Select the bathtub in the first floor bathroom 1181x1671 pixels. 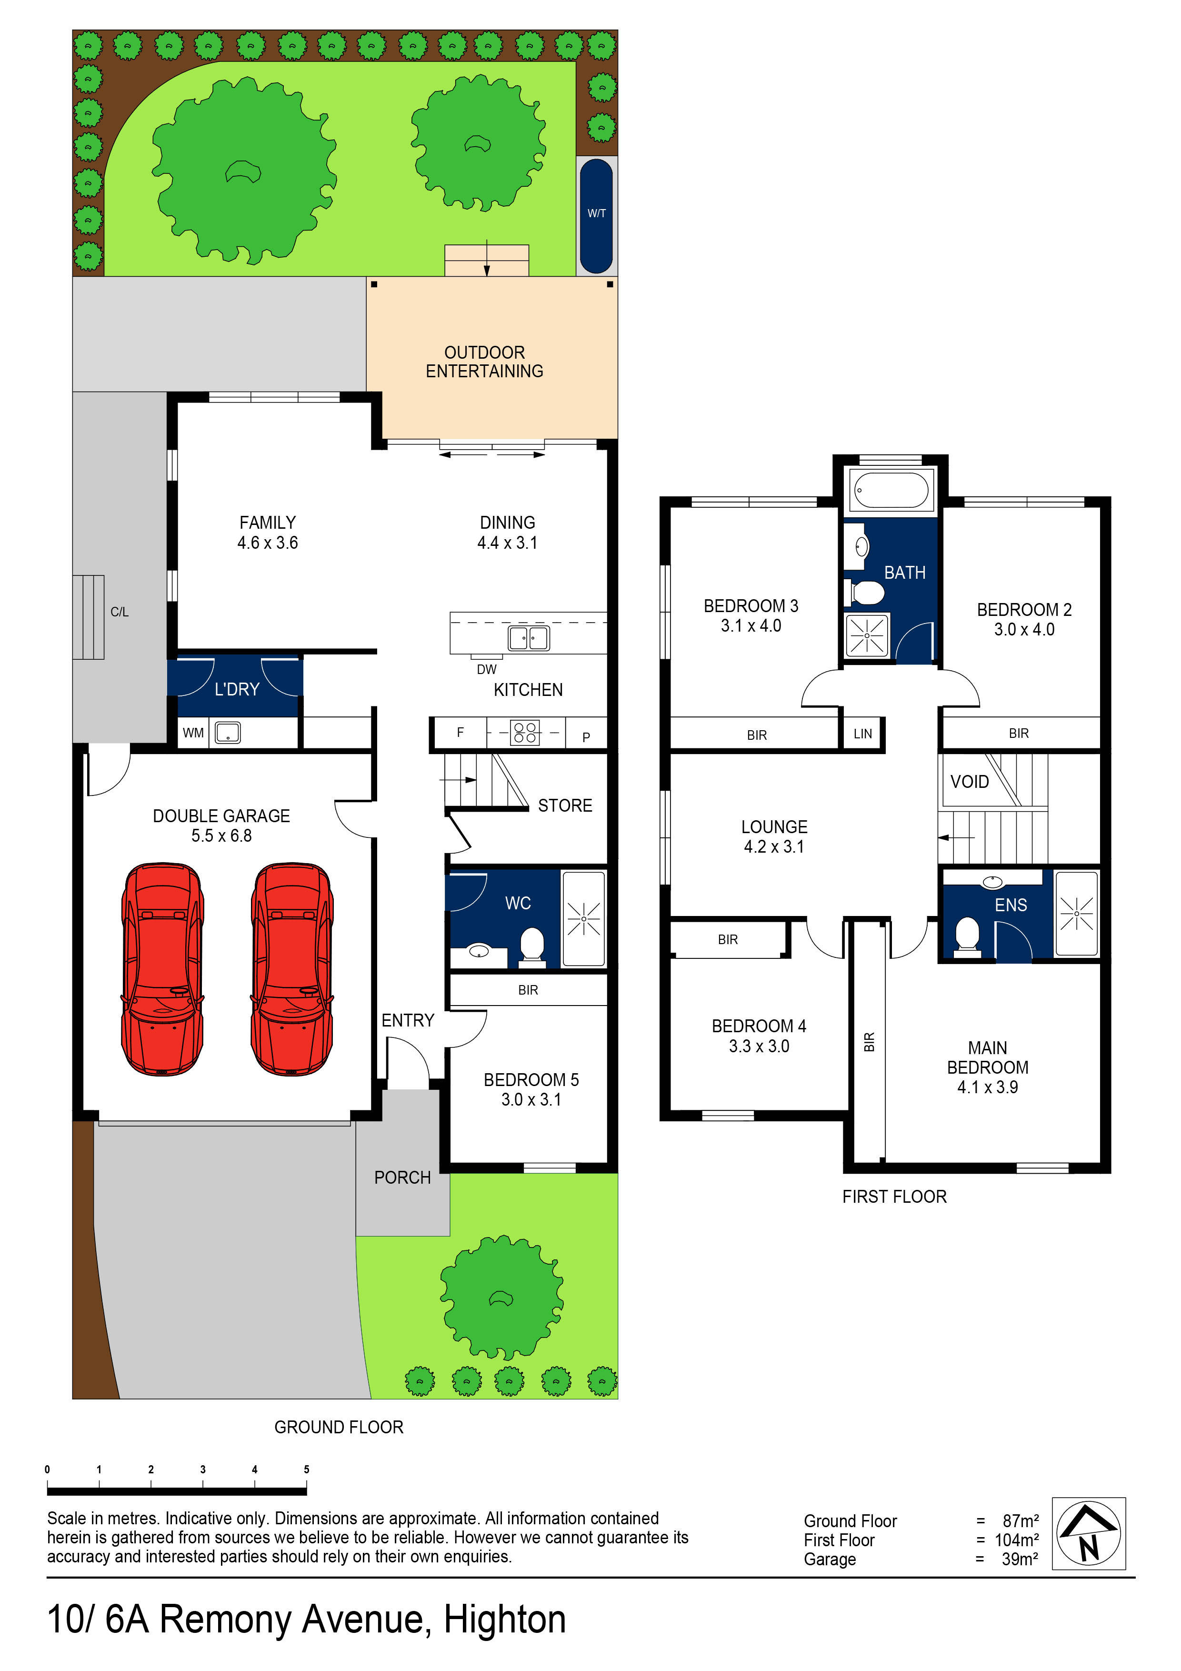[891, 489]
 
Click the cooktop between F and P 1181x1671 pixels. [525, 732]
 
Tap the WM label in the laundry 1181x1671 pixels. [193, 733]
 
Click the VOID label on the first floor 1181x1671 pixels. [969, 782]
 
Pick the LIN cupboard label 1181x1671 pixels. [862, 734]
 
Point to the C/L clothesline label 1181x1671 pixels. [120, 612]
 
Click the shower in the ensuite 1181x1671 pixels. [1076, 913]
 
